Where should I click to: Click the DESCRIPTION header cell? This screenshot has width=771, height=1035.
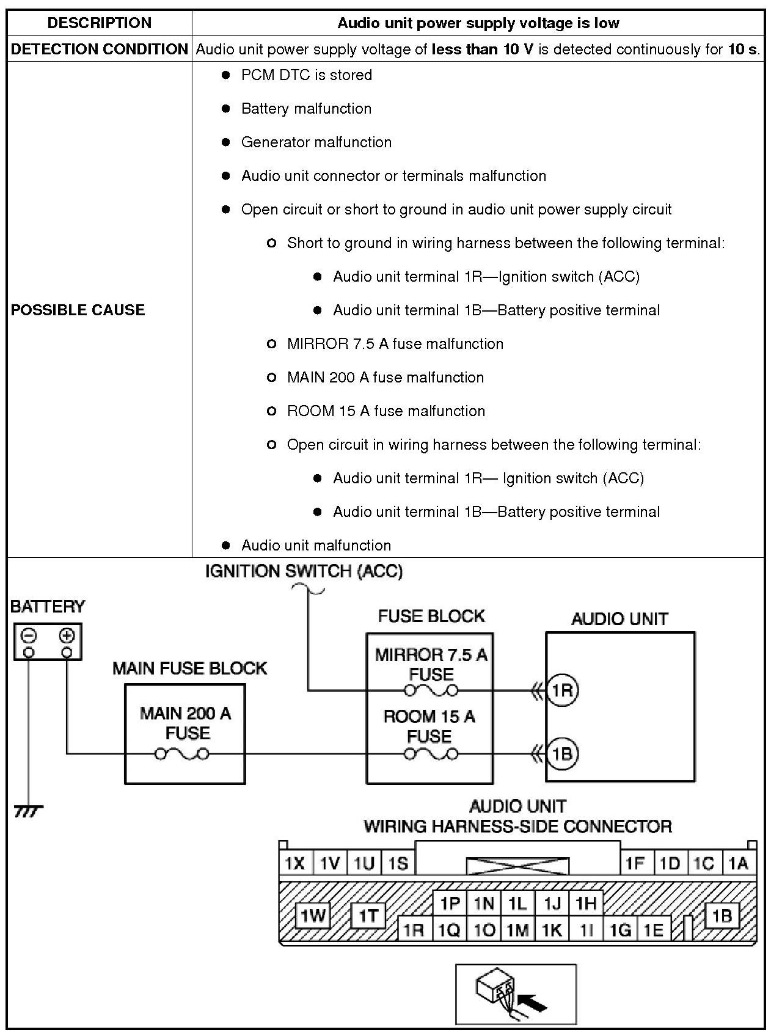100,23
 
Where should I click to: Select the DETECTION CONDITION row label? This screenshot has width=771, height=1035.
100,49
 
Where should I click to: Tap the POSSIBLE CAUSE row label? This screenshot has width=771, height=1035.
78,310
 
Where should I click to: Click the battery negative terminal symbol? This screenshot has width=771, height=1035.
29,636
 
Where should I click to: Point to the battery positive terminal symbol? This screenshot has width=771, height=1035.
67,636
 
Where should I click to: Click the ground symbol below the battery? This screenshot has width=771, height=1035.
28,811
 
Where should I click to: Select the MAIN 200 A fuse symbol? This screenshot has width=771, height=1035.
182,754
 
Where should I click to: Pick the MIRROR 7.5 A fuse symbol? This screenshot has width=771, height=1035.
431,691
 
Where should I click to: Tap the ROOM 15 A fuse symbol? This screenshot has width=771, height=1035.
431,754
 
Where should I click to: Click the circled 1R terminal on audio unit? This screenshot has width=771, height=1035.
561,690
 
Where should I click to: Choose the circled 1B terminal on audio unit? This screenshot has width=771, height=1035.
561,753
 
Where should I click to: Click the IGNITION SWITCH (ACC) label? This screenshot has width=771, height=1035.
304,572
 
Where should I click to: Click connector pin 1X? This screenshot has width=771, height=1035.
295,863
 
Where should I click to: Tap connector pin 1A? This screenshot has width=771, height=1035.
738,863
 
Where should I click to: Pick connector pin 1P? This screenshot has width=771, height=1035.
450,904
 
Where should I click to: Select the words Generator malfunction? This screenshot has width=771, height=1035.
316,142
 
